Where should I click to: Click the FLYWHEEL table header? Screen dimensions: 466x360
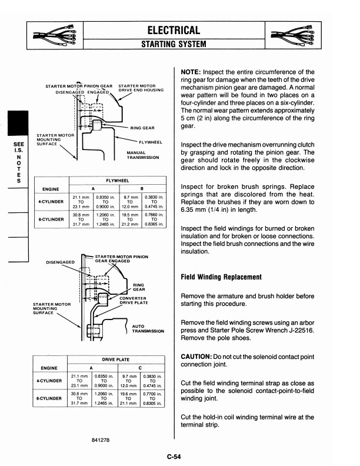coord(119,182)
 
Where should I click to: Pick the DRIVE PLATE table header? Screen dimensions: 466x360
coord(119,358)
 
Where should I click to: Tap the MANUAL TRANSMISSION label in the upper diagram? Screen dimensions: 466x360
coord(142,155)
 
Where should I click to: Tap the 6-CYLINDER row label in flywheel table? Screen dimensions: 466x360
coord(50,219)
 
